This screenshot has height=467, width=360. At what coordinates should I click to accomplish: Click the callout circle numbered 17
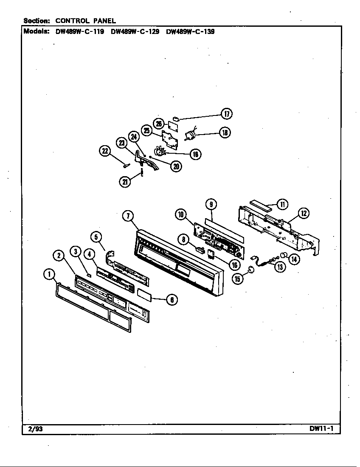click(x=226, y=114)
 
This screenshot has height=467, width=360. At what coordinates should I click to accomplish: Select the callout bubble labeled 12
click(x=304, y=213)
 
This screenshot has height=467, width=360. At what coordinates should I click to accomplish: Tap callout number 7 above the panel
click(x=128, y=216)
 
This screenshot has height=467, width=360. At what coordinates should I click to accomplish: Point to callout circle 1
click(x=50, y=275)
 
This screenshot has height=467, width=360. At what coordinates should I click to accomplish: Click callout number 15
click(x=238, y=278)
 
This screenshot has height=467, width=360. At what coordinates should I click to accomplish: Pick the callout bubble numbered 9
click(x=211, y=204)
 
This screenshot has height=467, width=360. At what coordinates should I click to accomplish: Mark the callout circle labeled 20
click(x=175, y=166)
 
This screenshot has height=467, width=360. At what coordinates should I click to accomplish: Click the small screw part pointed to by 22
click(x=126, y=165)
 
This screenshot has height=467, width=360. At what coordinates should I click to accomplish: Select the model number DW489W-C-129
click(x=135, y=31)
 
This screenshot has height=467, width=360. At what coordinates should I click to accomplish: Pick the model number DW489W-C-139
click(x=190, y=31)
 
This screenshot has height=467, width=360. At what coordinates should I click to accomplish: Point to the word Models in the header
click(x=37, y=31)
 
